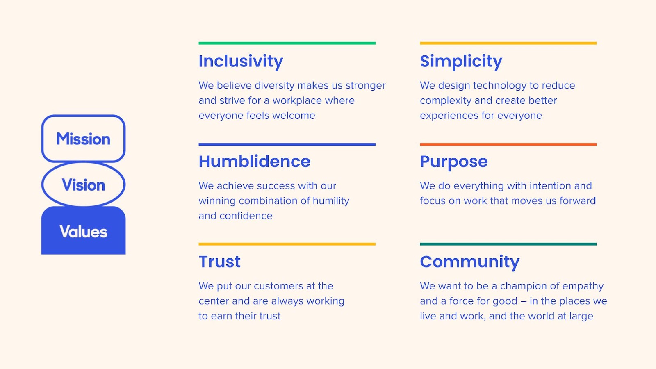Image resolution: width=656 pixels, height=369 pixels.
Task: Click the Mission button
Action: tap(84, 139)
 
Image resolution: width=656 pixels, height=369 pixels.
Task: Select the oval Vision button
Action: tap(84, 184)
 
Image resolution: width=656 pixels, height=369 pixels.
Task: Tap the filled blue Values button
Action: tap(84, 230)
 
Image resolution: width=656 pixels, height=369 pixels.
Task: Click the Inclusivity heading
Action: tap(241, 61)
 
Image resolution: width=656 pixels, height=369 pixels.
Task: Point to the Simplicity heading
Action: tap(461, 61)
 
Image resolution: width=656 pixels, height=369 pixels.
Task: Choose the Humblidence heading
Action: tap(254, 161)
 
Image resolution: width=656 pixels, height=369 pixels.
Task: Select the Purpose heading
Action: tap(453, 162)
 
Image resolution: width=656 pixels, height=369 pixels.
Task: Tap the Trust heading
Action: tap(219, 262)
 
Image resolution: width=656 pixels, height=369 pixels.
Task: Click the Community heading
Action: tap(470, 262)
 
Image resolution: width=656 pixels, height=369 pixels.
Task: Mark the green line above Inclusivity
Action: tap(287, 43)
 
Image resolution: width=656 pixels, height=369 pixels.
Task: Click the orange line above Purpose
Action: tap(508, 144)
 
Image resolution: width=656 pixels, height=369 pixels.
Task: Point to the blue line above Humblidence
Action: tap(287, 144)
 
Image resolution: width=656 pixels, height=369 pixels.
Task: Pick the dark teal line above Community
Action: tap(508, 244)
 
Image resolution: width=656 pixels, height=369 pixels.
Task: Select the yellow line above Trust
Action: tap(287, 244)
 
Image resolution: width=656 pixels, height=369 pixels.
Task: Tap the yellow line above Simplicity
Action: tap(508, 43)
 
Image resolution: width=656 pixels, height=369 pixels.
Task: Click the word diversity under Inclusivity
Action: tap(274, 86)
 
